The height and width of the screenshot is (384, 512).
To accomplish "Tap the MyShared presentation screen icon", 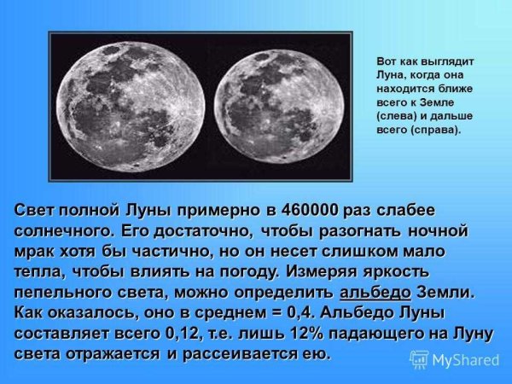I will pyautogui.click(x=420, y=359).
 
